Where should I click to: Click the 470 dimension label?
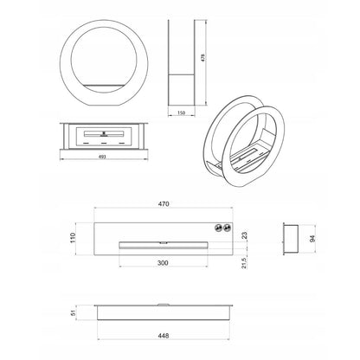click(x=164, y=204)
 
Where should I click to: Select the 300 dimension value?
click(x=163, y=263)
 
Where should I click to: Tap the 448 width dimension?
click(x=164, y=336)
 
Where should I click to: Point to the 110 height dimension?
click(x=73, y=237)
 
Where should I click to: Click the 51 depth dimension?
click(x=73, y=312)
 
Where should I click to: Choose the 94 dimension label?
click(x=312, y=239)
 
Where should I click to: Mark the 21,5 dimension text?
click(x=244, y=263)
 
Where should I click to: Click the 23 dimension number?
click(x=244, y=235)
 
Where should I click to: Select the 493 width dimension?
click(x=102, y=157)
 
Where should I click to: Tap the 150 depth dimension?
click(x=181, y=113)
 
